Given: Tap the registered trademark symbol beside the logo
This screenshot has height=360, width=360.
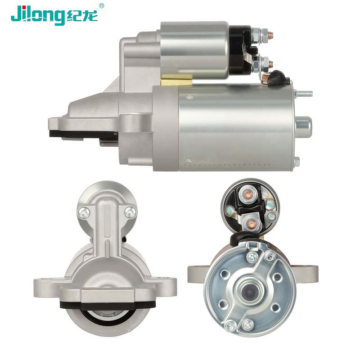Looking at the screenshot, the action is point(102,5).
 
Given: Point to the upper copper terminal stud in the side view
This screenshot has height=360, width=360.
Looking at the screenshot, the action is point(270,35).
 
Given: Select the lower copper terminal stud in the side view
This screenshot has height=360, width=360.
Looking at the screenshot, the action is point(270,63).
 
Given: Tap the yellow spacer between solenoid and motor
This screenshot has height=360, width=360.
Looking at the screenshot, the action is point(176,80).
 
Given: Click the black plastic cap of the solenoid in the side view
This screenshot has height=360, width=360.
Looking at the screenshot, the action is point(240,50).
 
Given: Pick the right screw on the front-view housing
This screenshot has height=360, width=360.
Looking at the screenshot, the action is point(130,212).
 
